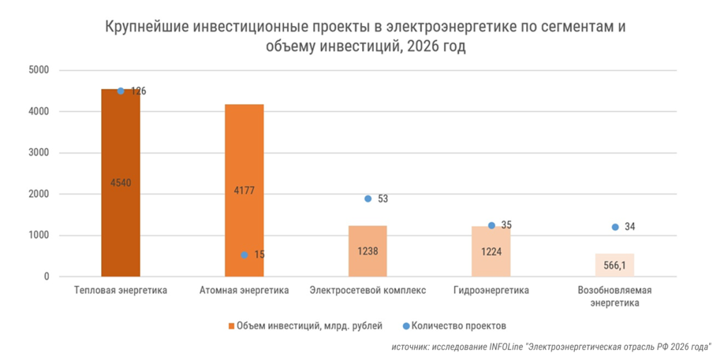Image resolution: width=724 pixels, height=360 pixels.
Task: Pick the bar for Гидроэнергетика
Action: pos(491,262)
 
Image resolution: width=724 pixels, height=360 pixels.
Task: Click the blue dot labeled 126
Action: pos(121,91)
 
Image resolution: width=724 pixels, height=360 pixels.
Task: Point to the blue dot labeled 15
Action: pos(244,255)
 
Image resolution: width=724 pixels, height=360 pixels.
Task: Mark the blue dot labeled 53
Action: pos(368,199)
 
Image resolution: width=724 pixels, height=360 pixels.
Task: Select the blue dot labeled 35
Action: pos(491,226)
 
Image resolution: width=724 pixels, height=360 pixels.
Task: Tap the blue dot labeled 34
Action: pos(615,227)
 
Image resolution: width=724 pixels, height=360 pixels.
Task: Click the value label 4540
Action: pos(121,182)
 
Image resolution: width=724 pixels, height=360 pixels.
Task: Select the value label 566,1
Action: pos(614,265)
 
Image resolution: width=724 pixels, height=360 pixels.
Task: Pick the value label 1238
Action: pos(368,250)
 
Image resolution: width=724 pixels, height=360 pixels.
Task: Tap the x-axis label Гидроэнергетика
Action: pos(491,290)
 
